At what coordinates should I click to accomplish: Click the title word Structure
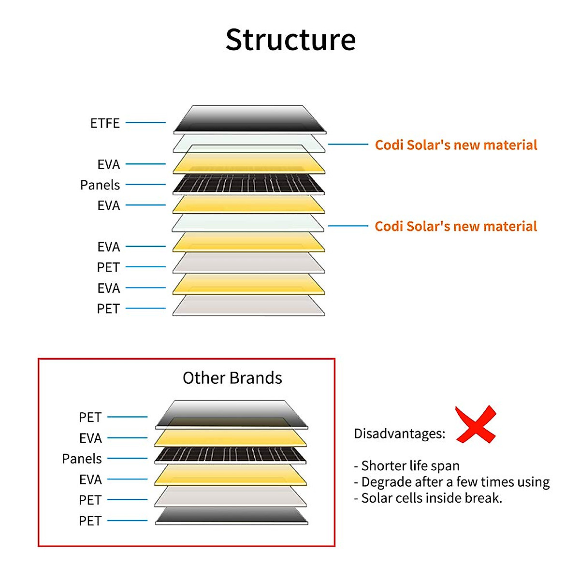(x=290, y=40)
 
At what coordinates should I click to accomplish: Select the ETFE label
(x=105, y=123)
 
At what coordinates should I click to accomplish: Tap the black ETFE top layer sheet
(x=249, y=118)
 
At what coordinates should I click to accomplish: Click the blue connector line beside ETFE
(x=145, y=123)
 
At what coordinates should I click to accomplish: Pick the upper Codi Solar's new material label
(x=456, y=145)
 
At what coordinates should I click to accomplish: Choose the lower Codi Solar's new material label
(x=456, y=226)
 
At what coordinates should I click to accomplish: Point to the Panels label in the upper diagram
(x=100, y=185)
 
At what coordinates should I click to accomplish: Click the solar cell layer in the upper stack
(x=248, y=185)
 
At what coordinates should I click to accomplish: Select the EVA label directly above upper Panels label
(x=108, y=165)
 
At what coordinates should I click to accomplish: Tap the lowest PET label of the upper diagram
(x=108, y=309)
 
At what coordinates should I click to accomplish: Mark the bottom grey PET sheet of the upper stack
(x=248, y=305)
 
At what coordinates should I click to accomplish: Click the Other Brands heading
(x=232, y=378)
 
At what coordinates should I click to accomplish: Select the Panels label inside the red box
(x=82, y=459)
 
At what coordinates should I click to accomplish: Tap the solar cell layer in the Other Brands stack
(x=230, y=455)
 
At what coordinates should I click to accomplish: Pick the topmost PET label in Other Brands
(x=90, y=417)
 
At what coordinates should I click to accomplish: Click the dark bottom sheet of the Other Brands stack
(x=231, y=516)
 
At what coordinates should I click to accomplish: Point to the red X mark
(x=476, y=425)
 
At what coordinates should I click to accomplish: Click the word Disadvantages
(x=399, y=434)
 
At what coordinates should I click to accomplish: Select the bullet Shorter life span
(x=407, y=466)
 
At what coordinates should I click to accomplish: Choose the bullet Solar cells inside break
(x=428, y=498)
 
